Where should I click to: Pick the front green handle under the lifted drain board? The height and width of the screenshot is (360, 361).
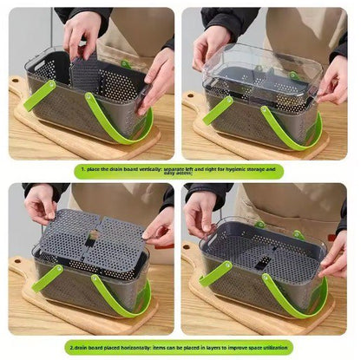click(x=113, y=299)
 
